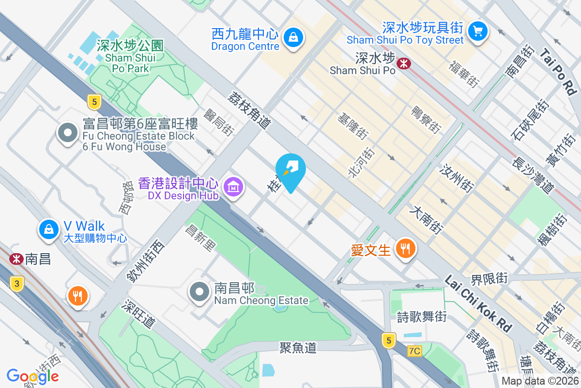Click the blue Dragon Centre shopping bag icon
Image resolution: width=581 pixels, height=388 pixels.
point(293,36)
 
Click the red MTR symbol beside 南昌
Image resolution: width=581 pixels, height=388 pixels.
point(16,259)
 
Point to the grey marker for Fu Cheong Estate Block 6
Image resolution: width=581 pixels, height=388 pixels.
point(68,132)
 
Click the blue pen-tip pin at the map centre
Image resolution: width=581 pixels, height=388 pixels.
point(290,170)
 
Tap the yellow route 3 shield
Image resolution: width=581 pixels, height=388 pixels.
point(16,285)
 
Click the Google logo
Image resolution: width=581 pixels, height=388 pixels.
point(32,376)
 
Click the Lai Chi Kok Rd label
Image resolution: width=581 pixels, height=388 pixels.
point(478,304)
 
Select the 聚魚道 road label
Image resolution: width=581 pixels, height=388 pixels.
point(298,347)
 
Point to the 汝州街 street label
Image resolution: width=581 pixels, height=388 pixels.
point(457,177)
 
